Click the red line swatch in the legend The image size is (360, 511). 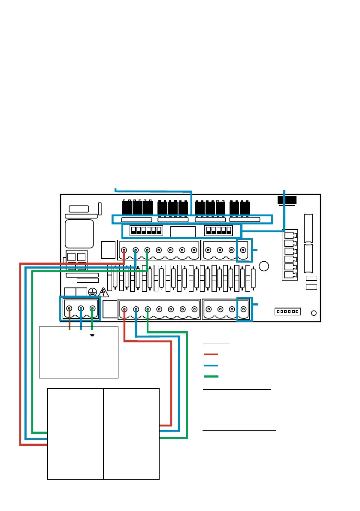211,354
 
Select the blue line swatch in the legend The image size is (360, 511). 211,366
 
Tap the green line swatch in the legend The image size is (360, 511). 211,376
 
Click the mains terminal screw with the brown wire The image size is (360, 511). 69,308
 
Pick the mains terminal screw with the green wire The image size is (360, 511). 92,308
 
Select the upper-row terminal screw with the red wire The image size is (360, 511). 124,250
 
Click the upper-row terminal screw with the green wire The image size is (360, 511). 147,250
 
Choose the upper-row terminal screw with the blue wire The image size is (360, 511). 136,250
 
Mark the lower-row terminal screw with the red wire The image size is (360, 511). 124,308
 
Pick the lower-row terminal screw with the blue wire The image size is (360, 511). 136,308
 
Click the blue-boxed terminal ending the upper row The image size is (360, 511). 244,250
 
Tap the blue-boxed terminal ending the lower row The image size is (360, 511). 244,308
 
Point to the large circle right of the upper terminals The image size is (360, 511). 265,266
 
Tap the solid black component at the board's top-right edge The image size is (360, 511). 287,200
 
